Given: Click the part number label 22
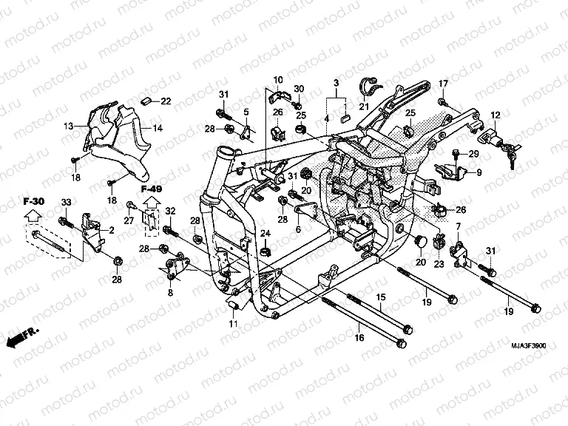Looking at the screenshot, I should (x=166, y=101).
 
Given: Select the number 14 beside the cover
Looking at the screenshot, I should (x=158, y=129).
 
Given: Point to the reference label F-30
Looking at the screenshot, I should (x=34, y=201).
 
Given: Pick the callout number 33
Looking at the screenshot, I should (x=65, y=203).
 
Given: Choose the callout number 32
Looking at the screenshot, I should (x=170, y=212).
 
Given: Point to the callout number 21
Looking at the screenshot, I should (x=364, y=106).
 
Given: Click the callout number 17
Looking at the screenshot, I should (x=444, y=82).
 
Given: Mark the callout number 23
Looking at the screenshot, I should (x=437, y=263).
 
